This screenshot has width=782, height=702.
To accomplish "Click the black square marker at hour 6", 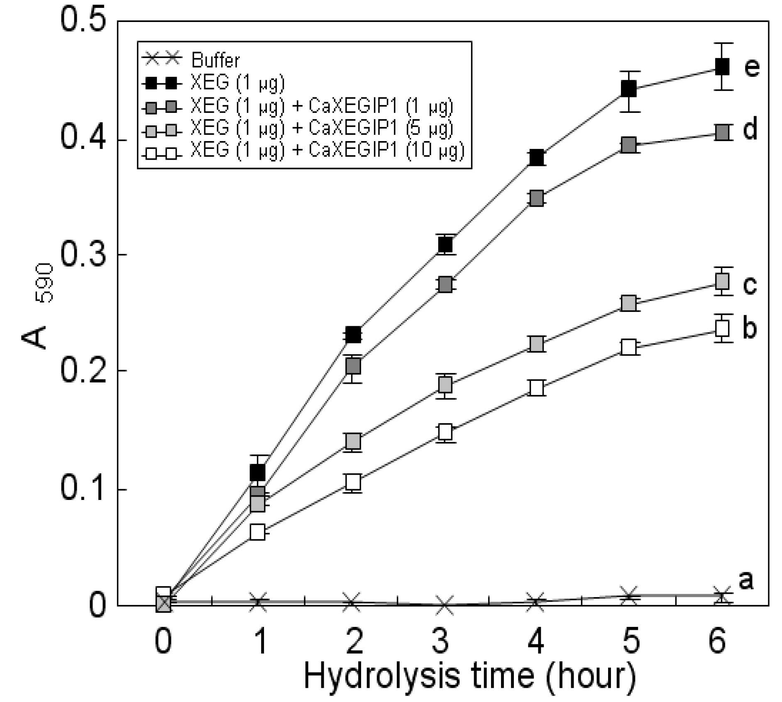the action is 722,67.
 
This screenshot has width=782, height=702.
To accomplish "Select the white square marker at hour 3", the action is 445,432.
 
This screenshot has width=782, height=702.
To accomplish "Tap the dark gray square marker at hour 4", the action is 536,198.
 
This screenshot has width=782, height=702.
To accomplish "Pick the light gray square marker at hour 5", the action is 629,303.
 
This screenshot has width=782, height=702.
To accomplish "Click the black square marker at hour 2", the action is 353,334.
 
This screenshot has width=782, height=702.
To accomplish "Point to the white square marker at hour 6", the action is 722,329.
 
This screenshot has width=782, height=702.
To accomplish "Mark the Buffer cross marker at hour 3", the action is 444,605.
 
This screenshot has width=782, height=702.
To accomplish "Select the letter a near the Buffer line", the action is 746,580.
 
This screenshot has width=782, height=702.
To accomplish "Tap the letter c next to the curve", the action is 750,285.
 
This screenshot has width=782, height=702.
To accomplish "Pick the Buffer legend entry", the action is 191,60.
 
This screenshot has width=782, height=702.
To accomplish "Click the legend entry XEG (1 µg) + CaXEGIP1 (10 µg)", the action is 303,151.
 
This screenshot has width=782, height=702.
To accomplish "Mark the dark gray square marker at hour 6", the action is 722,132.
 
